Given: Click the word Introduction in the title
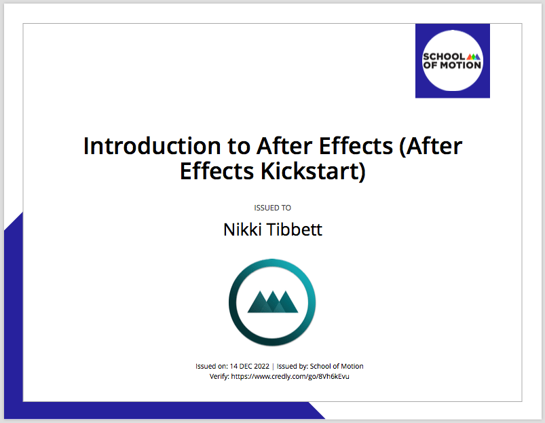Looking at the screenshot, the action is click(152, 145).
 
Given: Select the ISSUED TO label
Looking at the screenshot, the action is click(273, 208).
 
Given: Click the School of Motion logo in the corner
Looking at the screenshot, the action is click(453, 61).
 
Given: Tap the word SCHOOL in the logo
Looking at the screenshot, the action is click(444, 56).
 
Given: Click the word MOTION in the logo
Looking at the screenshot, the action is click(461, 65).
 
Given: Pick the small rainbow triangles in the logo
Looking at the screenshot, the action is click(474, 56).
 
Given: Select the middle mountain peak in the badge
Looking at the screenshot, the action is click(273, 301).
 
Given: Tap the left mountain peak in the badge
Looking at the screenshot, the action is click(259, 301).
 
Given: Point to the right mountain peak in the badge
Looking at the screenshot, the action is click(286, 301).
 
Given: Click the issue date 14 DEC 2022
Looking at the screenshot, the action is click(250, 366).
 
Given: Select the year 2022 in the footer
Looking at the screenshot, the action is click(261, 366).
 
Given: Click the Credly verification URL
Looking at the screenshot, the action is click(290, 376).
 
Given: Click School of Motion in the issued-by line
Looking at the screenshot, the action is click(337, 366).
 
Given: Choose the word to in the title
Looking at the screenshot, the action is click(239, 147).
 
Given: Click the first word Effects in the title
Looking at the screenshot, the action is click(356, 145).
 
